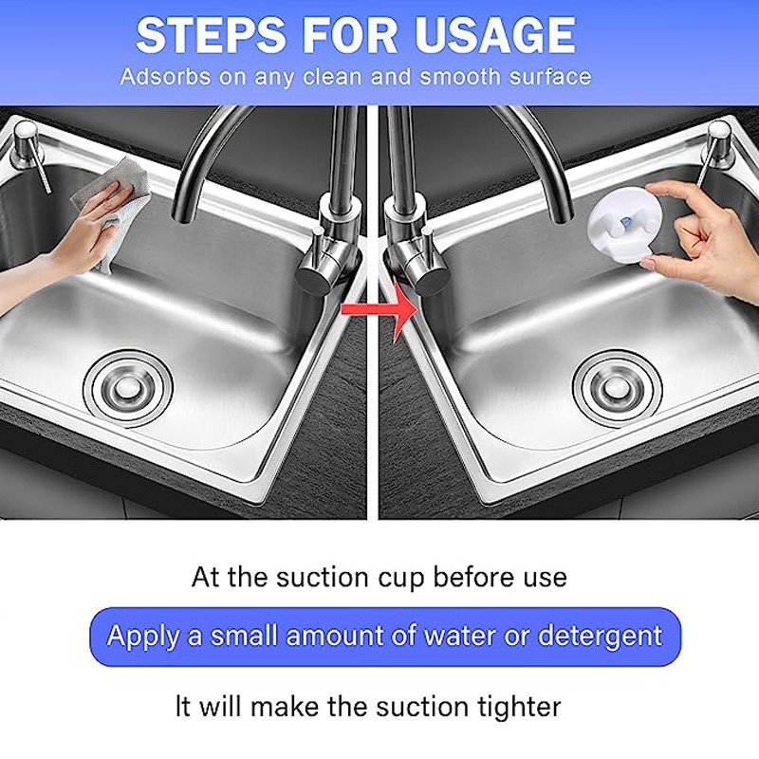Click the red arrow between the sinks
379,309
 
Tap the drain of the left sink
128,388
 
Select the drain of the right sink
616,388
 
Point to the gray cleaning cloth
111,203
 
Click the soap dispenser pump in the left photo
29,150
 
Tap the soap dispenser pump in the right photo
716,150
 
